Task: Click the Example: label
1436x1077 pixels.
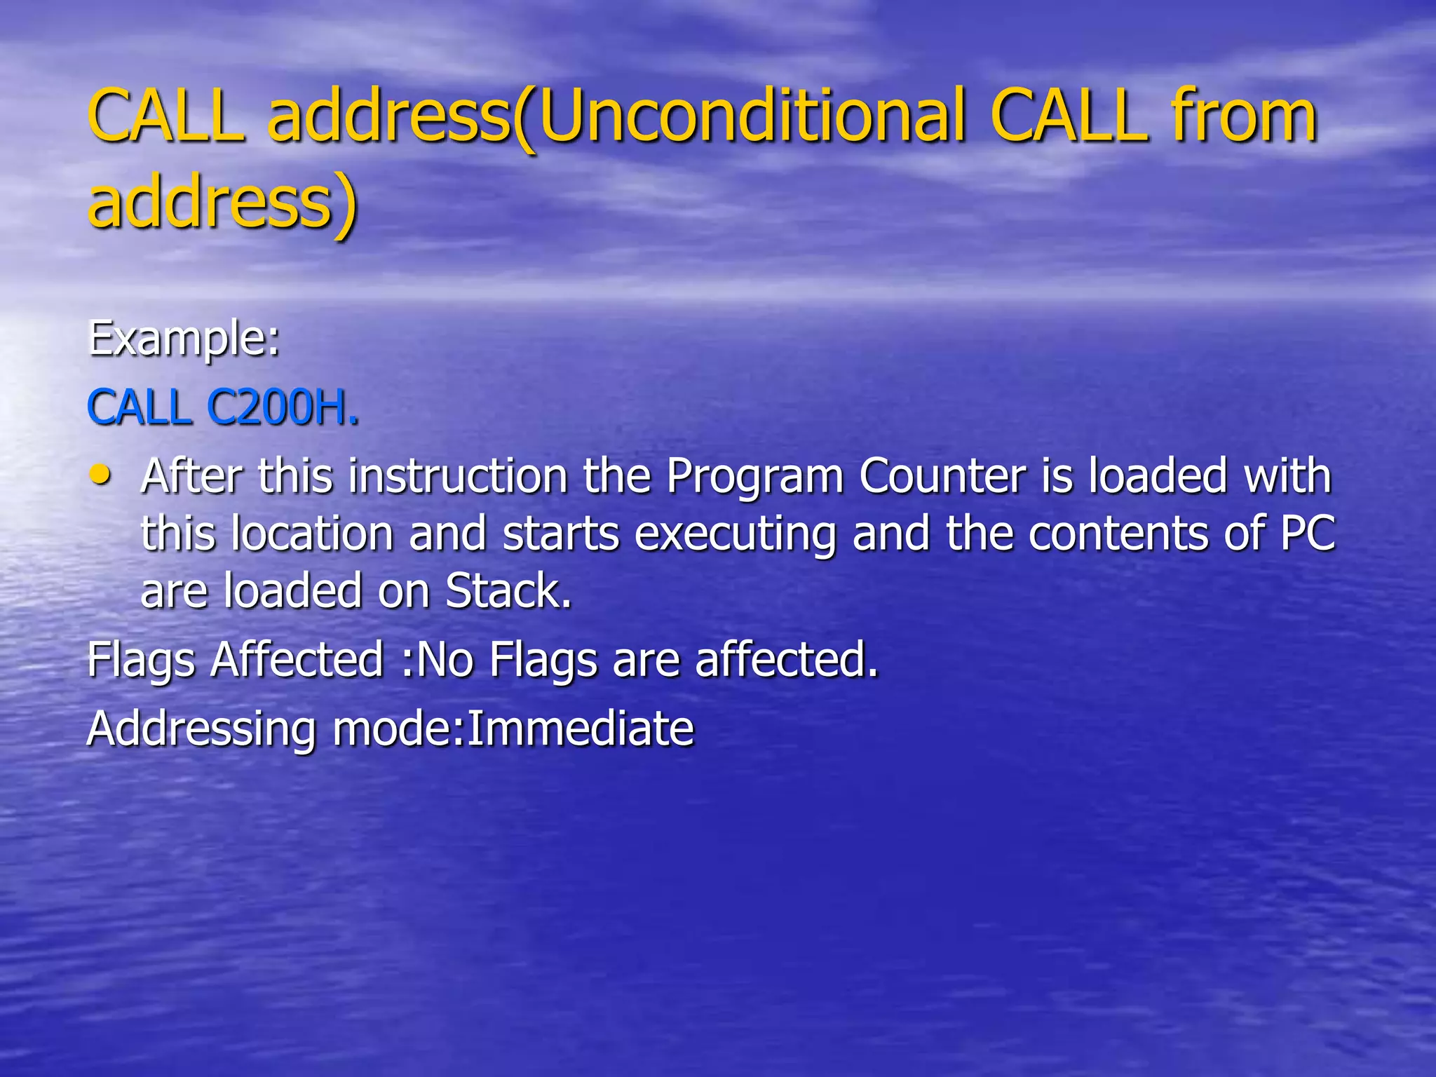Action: pyautogui.click(x=184, y=339)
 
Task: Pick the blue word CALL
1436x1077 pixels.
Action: pyautogui.click(x=140, y=408)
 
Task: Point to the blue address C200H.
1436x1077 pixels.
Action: pyautogui.click(x=283, y=408)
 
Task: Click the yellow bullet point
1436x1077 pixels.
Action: pyautogui.click(x=101, y=475)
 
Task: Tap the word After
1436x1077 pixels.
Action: pyautogui.click(x=191, y=477)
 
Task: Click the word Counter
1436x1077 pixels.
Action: pyautogui.click(x=943, y=477)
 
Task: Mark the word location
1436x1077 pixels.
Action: pyautogui.click(x=312, y=534)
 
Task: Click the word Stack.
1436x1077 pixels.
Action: pyautogui.click(x=507, y=591)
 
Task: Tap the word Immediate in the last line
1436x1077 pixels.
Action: pyautogui.click(x=581, y=729)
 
